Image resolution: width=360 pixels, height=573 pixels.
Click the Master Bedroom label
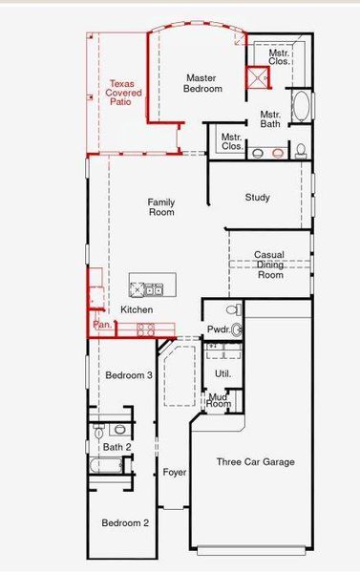pos(203,83)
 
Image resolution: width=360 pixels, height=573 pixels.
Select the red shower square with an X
pos(258,80)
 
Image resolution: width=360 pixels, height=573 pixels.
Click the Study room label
pos(257,198)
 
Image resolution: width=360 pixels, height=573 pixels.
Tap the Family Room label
pos(161,206)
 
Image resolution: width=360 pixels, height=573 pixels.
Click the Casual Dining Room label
pos(270,265)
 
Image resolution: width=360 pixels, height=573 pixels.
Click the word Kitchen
pos(137,310)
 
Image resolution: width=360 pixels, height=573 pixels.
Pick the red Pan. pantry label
pos(102,327)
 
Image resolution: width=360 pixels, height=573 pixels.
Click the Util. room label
pos(222,373)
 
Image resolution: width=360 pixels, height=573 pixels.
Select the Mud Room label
pos(220,401)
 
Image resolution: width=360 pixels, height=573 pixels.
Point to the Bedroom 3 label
pos(129,375)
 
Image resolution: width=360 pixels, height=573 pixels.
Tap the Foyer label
pos(174,473)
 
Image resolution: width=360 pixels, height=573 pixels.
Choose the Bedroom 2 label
pos(126,522)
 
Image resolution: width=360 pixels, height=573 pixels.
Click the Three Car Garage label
pos(255,462)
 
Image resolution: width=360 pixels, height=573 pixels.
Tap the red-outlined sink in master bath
pos(278,152)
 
